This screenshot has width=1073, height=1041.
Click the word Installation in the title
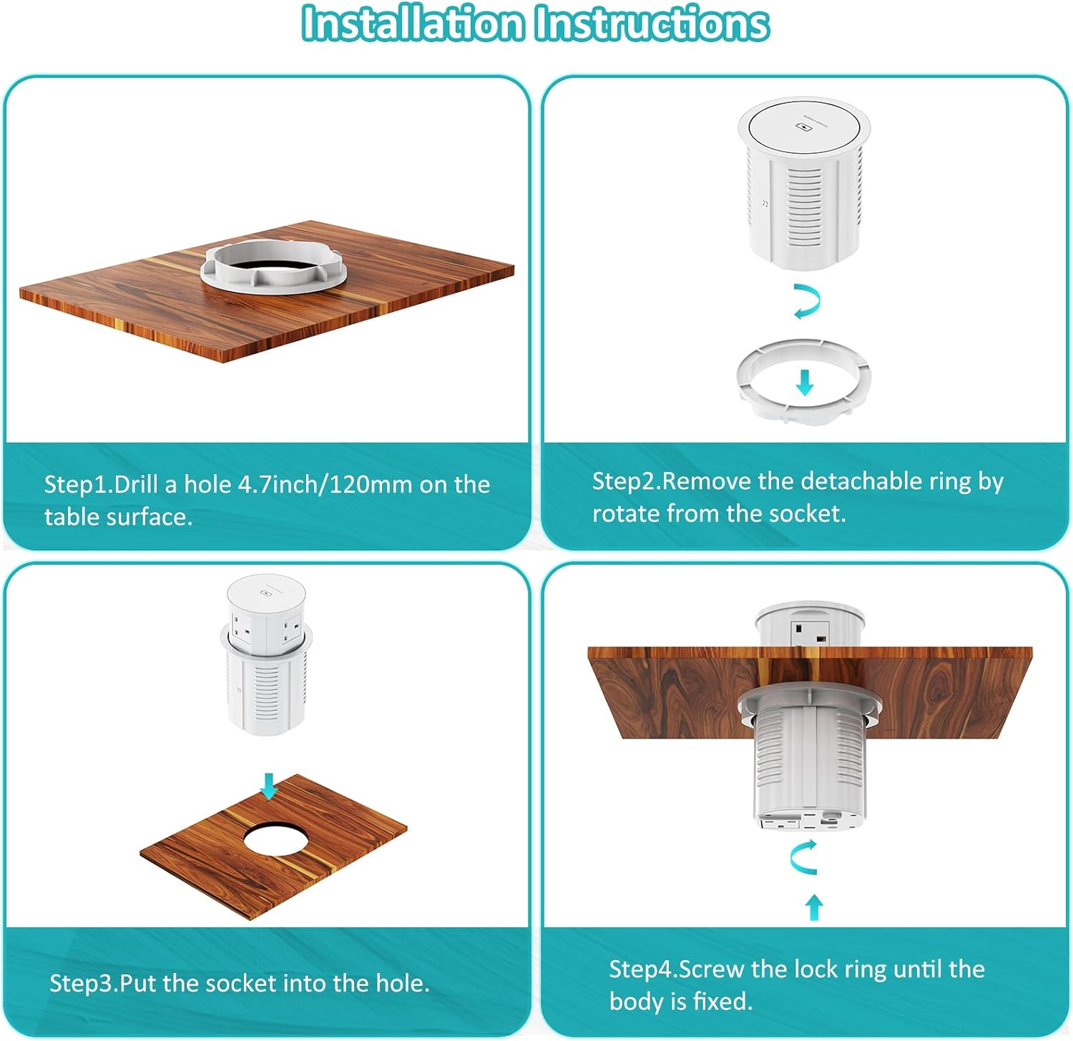click(x=413, y=23)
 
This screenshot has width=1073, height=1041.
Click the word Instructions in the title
click(x=652, y=23)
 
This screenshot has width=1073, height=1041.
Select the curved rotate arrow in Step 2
click(x=807, y=301)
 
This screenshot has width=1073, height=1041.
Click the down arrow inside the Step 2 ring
click(x=805, y=383)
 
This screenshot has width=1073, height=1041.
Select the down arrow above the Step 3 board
click(x=269, y=785)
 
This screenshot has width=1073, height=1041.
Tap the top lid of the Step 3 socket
click(x=266, y=593)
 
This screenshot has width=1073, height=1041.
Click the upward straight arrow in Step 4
click(x=813, y=907)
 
